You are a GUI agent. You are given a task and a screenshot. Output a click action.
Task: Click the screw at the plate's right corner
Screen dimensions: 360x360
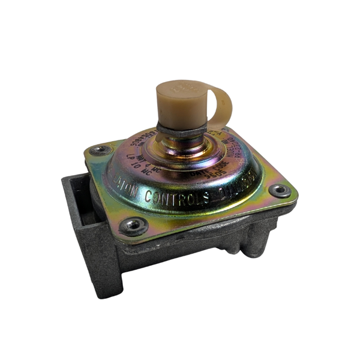[x=279, y=191]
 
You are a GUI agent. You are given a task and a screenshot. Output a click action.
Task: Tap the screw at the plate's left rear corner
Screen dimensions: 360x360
[x=100, y=150]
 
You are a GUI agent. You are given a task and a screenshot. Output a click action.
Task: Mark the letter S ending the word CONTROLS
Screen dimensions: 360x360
[x=206, y=196]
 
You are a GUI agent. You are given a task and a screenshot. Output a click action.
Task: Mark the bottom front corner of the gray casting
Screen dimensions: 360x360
[x=107, y=294]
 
